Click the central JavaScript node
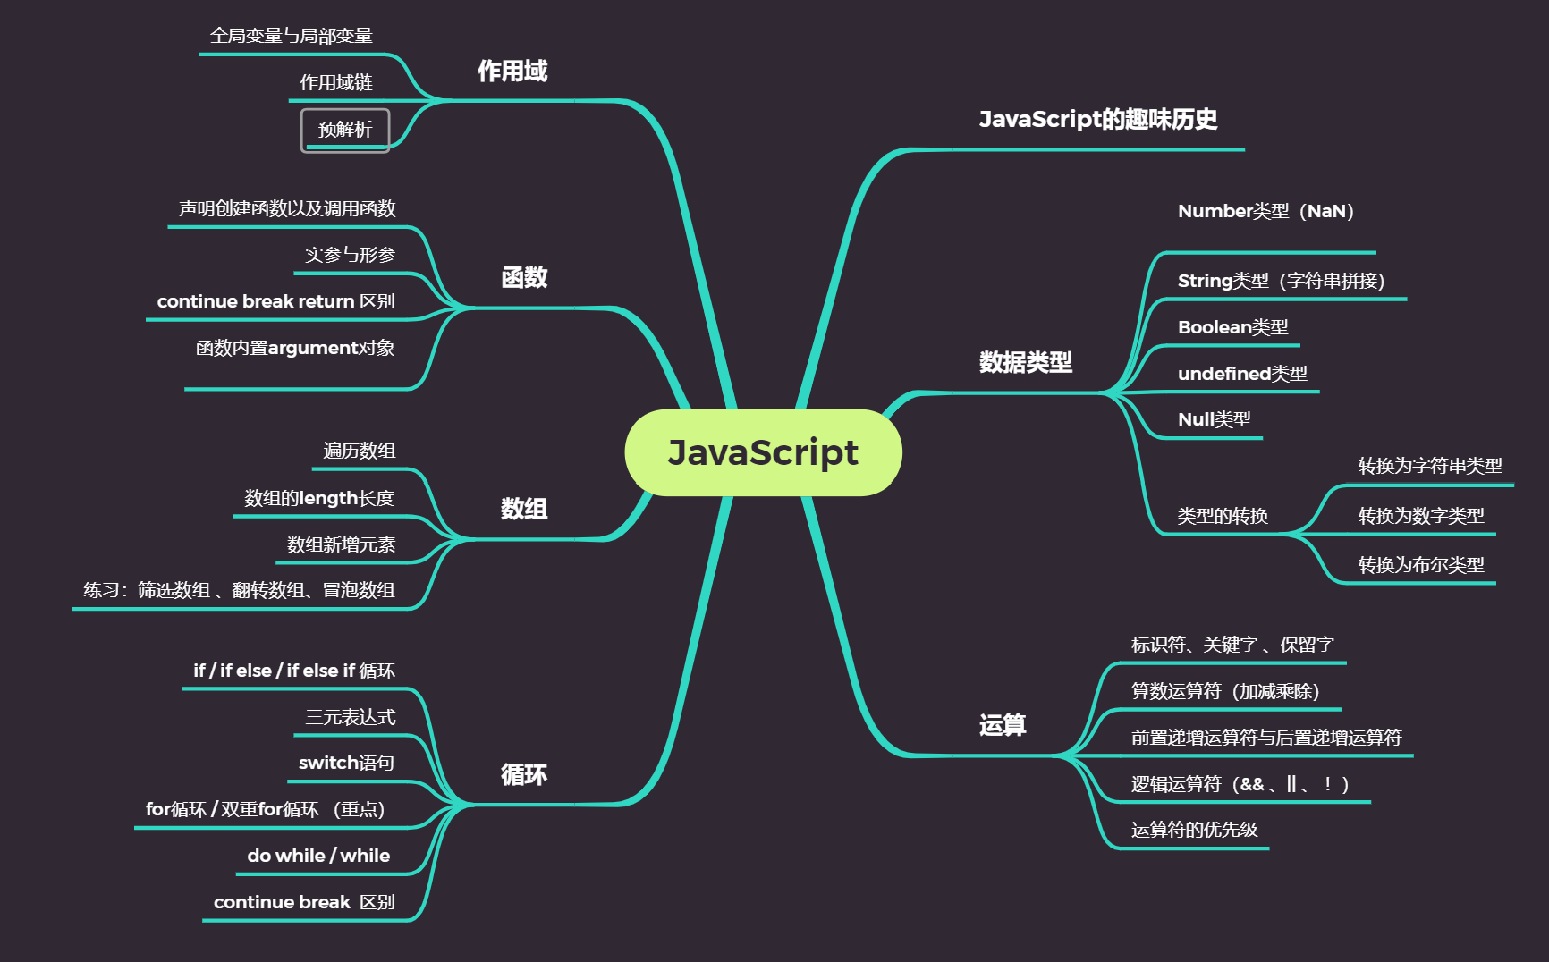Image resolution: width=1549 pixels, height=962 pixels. [x=763, y=452]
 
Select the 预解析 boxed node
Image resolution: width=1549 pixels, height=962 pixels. [x=345, y=131]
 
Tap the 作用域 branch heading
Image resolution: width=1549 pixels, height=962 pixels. [x=512, y=72]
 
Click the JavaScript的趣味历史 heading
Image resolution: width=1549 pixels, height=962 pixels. [x=1098, y=119]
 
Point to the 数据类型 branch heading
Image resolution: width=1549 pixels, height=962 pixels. [x=1026, y=362]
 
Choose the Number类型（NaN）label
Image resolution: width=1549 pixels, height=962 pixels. [x=1265, y=212]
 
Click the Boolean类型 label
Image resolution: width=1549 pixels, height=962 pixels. [x=1232, y=327]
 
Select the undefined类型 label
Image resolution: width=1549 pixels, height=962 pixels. [x=1242, y=374]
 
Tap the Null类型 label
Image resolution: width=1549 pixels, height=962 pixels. [x=1214, y=419]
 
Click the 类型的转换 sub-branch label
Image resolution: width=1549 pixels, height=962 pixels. [x=1223, y=516]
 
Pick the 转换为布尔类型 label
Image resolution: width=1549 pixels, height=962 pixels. [x=1420, y=565]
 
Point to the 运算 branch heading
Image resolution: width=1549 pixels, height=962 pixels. [x=1003, y=725]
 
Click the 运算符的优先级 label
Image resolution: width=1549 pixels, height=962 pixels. [x=1194, y=830]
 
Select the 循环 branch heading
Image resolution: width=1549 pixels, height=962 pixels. [x=524, y=774]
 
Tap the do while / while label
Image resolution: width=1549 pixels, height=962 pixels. [x=318, y=856]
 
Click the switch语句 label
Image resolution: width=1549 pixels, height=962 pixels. [x=346, y=763]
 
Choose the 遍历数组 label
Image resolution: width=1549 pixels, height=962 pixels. [x=359, y=451]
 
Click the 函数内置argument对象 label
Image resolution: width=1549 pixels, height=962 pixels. [x=295, y=348]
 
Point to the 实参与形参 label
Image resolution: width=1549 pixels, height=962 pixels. [x=350, y=255]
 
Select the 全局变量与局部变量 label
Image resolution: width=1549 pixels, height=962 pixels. [x=291, y=36]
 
